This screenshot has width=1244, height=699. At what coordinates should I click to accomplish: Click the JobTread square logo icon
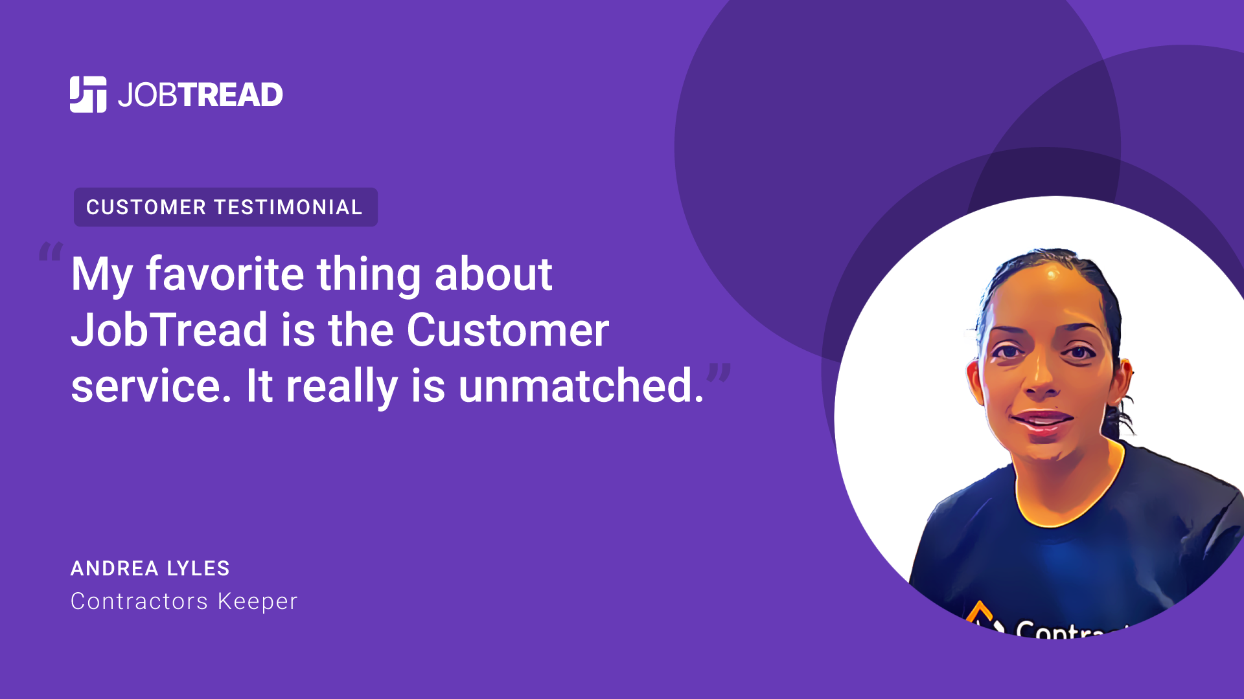click(x=88, y=94)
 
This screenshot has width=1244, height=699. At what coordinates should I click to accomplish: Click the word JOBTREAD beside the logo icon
click(x=200, y=95)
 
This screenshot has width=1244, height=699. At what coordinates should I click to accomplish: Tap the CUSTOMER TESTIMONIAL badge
click(x=225, y=207)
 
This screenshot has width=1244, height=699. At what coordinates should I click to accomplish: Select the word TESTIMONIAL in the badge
click(x=288, y=207)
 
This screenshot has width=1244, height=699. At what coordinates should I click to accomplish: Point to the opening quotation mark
click(x=51, y=251)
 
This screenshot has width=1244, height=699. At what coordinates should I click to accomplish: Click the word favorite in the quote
click(x=225, y=274)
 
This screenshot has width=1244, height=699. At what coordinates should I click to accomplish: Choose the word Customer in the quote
click(x=508, y=330)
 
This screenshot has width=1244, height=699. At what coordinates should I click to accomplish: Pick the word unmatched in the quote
click(x=576, y=386)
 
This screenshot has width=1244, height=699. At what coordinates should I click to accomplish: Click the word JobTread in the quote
click(x=169, y=330)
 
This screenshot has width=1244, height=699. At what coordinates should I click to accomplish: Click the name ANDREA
click(x=114, y=568)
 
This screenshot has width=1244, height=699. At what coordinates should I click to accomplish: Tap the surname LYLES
click(x=198, y=568)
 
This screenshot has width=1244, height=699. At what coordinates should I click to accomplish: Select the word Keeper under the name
click(x=258, y=602)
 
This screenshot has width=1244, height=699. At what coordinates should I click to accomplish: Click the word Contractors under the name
click(x=139, y=601)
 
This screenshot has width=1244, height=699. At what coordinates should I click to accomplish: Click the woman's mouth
click(x=1042, y=421)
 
